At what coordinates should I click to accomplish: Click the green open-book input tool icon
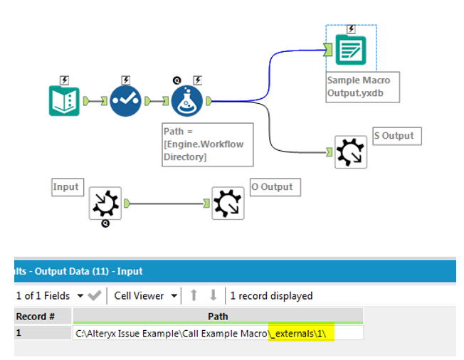(x=65, y=101)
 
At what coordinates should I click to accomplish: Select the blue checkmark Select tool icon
(x=126, y=101)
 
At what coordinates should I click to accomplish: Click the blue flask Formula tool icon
(x=187, y=101)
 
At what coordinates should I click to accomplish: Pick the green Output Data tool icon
(x=350, y=50)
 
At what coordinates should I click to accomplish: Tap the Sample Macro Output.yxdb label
(x=359, y=86)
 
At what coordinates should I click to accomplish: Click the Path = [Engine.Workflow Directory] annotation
(x=207, y=144)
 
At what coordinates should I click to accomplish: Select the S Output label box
(x=397, y=136)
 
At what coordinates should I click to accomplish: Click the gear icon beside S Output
(x=351, y=152)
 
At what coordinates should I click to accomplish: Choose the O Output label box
(x=275, y=187)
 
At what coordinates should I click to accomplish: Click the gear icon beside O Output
(x=228, y=203)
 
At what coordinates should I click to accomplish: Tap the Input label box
(x=65, y=187)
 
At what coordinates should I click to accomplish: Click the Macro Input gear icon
(x=105, y=203)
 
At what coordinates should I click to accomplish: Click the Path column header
(x=217, y=315)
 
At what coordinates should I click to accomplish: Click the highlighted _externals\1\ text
(x=302, y=333)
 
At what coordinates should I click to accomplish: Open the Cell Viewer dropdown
(x=146, y=295)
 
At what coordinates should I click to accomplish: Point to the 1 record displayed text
(x=270, y=295)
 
